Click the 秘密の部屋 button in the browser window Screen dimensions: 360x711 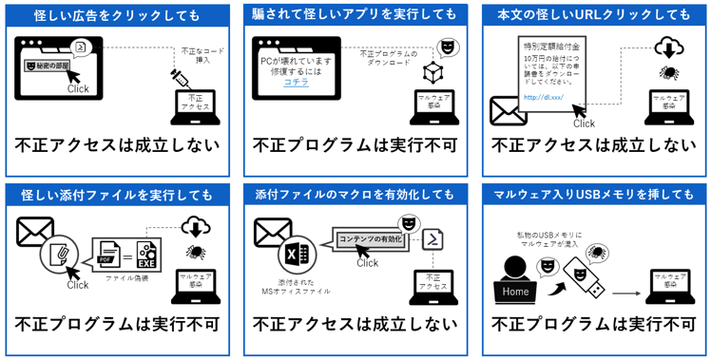point(48,66)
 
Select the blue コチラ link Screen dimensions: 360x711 point(297,83)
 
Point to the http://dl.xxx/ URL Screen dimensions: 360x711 point(544,97)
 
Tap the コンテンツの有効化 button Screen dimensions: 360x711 point(368,239)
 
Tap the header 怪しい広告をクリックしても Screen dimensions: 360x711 point(117,14)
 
